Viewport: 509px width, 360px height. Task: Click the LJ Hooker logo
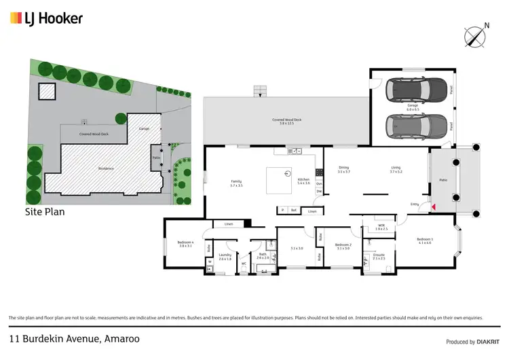click(46, 18)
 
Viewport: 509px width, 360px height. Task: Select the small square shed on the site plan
click(45, 91)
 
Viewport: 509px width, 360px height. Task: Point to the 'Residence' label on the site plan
click(105, 168)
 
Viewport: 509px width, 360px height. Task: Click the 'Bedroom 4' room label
click(185, 244)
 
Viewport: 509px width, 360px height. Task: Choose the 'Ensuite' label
click(379, 256)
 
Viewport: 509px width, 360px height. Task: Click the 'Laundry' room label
click(225, 257)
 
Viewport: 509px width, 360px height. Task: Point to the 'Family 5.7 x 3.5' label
click(235, 183)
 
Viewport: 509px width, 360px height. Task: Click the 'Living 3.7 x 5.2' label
click(396, 170)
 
